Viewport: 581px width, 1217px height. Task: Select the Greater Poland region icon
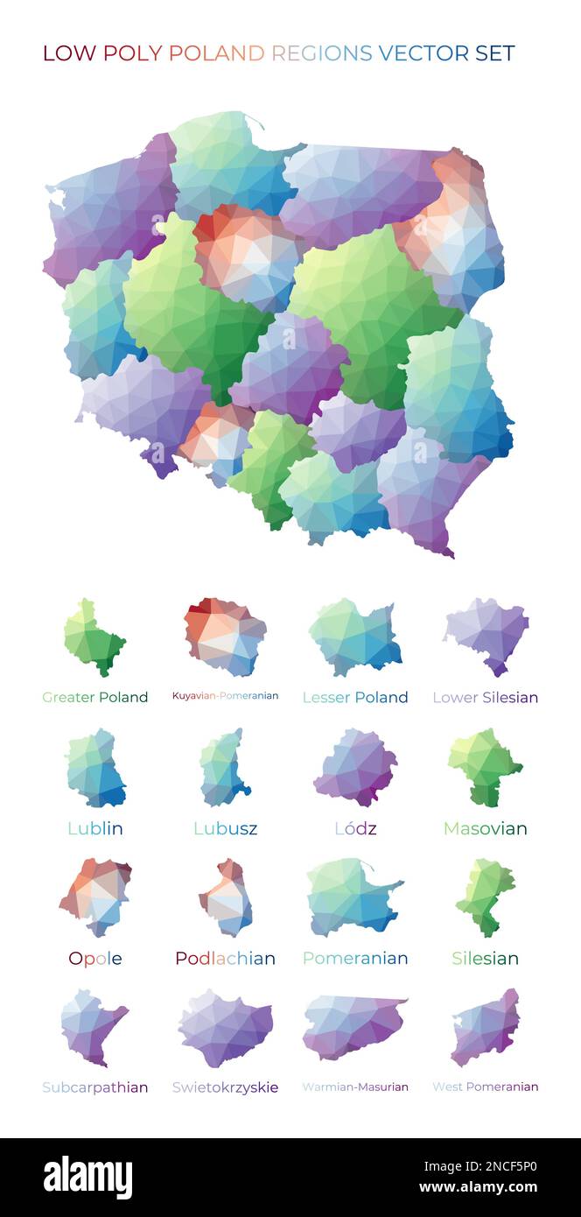94,639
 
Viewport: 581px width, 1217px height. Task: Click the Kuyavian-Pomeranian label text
225,696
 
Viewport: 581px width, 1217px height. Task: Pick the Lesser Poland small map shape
354,637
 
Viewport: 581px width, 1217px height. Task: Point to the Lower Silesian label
485,698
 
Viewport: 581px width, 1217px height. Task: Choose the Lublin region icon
95,768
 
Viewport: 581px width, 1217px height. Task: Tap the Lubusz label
225,828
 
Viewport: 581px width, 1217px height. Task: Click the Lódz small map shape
354,767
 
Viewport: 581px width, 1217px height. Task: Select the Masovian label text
485,828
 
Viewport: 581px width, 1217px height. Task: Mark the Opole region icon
95,897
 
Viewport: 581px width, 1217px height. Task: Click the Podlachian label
225,959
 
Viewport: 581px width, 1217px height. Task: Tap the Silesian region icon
484,897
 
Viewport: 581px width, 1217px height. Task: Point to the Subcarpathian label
95,1087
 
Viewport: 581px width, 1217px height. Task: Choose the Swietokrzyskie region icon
225,1028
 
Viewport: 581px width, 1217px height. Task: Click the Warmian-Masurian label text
354,1087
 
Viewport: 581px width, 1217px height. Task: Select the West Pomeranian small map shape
486,1027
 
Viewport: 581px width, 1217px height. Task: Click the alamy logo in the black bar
87,1178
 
